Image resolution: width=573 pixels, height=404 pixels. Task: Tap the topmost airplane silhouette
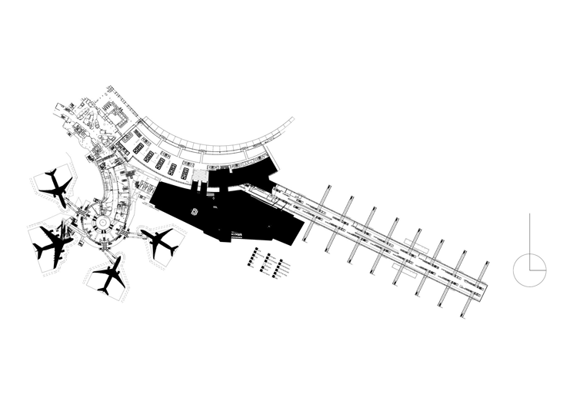pyautogui.click(x=55, y=187)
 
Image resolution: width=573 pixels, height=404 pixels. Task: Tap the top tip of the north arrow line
pyautogui.click(x=530, y=215)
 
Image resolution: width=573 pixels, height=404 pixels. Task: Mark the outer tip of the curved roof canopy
pyautogui.click(x=293, y=119)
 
